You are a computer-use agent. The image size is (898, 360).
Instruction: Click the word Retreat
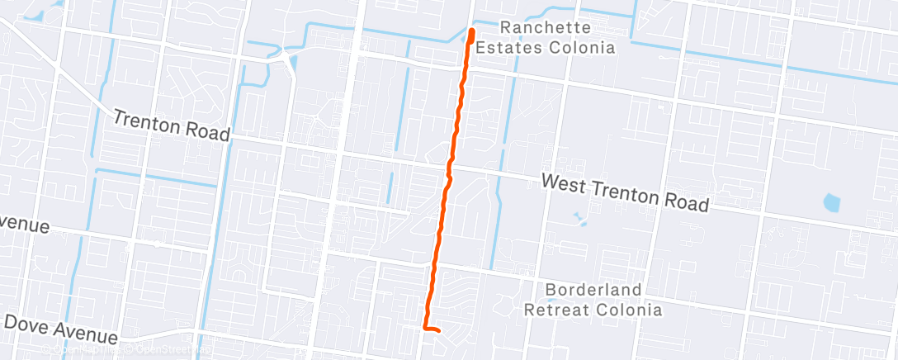[557, 310]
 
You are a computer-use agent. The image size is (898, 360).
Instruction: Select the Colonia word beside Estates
[588, 47]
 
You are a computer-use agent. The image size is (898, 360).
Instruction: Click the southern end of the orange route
[437, 331]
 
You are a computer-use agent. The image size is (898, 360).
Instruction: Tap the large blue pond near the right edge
[832, 201]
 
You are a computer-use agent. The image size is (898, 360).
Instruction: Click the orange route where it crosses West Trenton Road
[449, 169]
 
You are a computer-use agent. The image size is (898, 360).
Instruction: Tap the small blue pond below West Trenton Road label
[579, 219]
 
